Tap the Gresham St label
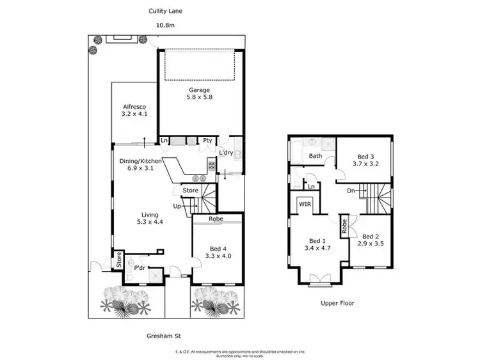click(x=164, y=334)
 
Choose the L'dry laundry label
click(x=225, y=153)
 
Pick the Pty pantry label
click(x=207, y=141)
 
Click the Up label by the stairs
click(x=176, y=206)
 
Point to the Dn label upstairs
click(x=351, y=190)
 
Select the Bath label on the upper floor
click(x=316, y=155)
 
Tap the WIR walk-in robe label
click(x=304, y=205)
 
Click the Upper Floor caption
click(x=338, y=303)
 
